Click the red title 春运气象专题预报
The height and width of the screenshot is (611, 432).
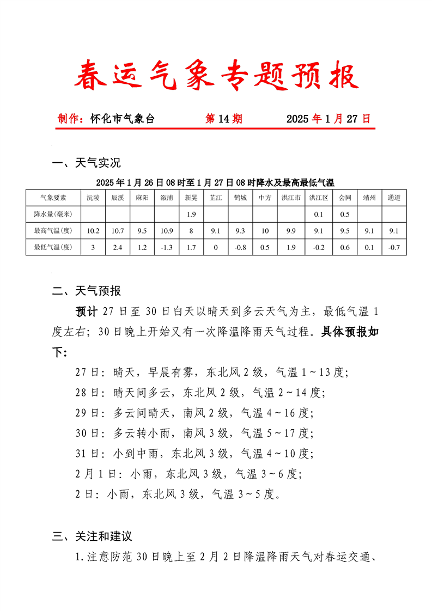(216, 75)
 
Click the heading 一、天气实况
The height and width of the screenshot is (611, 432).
(86, 163)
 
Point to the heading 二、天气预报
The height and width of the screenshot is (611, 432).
(86, 291)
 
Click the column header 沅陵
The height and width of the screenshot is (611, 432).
(93, 198)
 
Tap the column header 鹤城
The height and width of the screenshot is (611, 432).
(240, 198)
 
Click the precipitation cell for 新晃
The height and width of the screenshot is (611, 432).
(191, 214)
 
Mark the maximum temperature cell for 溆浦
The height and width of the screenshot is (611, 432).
(167, 231)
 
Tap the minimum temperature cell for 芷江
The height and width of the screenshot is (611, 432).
(216, 248)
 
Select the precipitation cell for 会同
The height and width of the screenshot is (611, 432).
(344, 214)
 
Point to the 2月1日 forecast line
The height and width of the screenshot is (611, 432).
(188, 474)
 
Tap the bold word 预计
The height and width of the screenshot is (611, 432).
(87, 311)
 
